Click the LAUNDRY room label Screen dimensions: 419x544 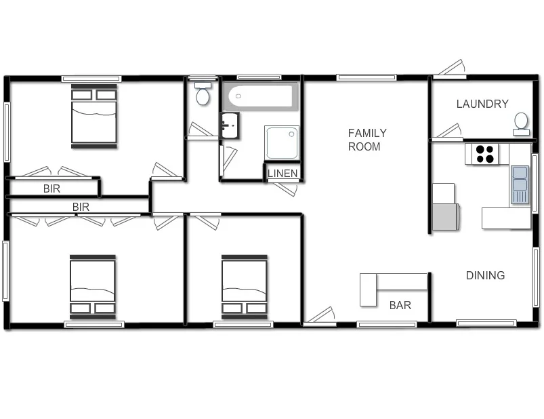point(482,104)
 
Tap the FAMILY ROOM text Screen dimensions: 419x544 point(367,140)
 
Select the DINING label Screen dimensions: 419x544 point(485,275)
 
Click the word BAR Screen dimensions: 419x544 point(400,306)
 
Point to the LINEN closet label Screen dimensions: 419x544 point(283,174)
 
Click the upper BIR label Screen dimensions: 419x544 point(51,189)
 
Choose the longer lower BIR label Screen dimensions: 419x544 point(81,207)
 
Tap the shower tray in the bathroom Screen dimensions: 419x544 point(281,142)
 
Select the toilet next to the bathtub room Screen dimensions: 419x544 point(203,94)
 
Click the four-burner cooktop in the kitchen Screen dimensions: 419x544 point(485,154)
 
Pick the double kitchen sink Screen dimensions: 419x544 point(520,184)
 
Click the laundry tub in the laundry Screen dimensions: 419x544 point(521,123)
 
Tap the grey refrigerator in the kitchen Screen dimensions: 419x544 point(446,216)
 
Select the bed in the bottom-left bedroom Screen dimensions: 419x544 point(93,286)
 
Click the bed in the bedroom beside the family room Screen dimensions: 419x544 point(244,286)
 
